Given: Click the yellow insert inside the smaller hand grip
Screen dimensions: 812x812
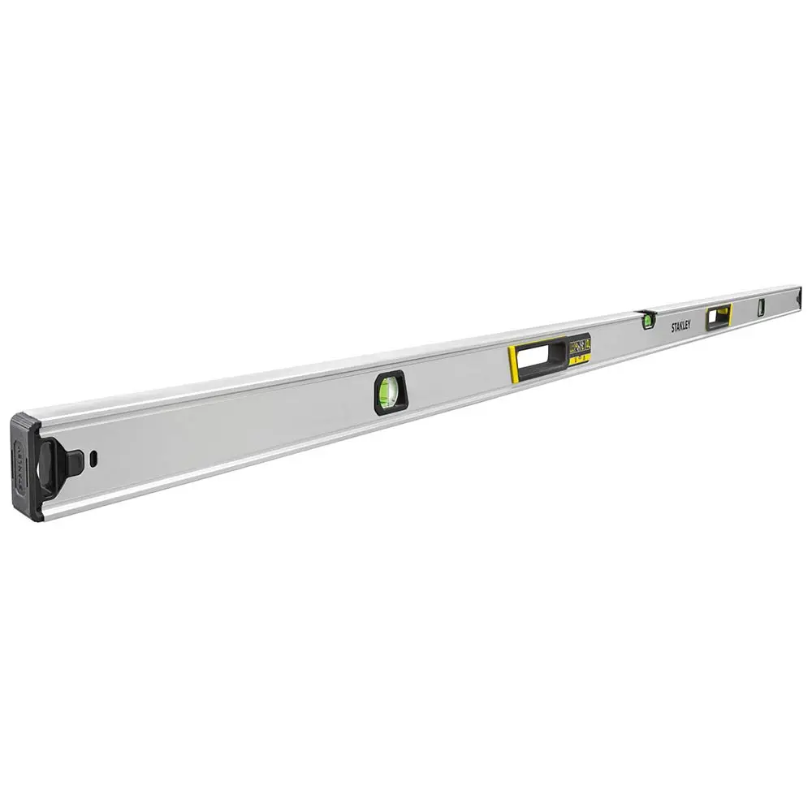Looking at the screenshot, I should (x=728, y=315).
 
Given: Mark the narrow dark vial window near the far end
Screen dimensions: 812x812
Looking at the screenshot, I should (x=761, y=307).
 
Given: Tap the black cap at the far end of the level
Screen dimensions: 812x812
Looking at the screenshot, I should (x=800, y=298).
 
